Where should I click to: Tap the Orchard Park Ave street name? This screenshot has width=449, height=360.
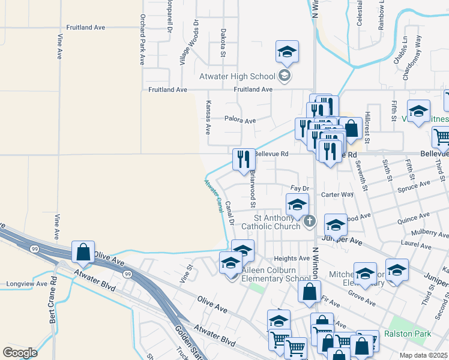[143, 40]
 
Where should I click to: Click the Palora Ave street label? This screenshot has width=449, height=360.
[240, 120]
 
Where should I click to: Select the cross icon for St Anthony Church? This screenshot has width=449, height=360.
[310, 222]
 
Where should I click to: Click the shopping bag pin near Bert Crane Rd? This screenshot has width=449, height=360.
[83, 252]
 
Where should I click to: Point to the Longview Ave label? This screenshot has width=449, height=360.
[26, 284]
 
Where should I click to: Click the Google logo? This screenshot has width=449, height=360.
[20, 353]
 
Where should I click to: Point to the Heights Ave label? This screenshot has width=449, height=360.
[292, 258]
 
